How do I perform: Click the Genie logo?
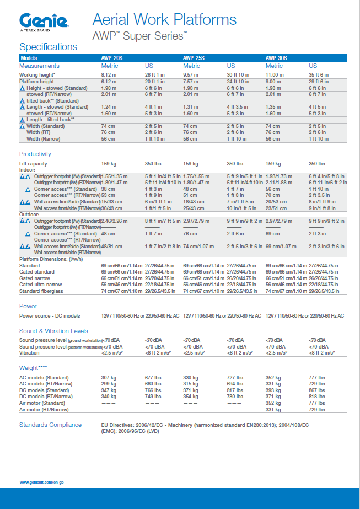(x=44, y=22)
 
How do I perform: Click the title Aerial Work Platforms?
(x=165, y=20)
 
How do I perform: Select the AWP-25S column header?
(x=194, y=58)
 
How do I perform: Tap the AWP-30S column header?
(x=276, y=58)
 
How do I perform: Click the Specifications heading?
(x=49, y=47)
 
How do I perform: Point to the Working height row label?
(x=37, y=74)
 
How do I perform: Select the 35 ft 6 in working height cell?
(x=319, y=74)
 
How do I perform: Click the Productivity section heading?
(x=35, y=154)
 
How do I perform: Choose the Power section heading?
(x=28, y=306)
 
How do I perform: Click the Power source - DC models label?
(x=50, y=316)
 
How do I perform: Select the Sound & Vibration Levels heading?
(x=53, y=331)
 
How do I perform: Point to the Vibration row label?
(x=29, y=352)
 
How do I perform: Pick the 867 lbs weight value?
(x=317, y=390)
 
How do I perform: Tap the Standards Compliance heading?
(x=51, y=425)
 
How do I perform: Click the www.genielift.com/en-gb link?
(x=42, y=482)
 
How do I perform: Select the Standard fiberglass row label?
(x=41, y=291)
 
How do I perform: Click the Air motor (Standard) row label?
(x=42, y=403)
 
